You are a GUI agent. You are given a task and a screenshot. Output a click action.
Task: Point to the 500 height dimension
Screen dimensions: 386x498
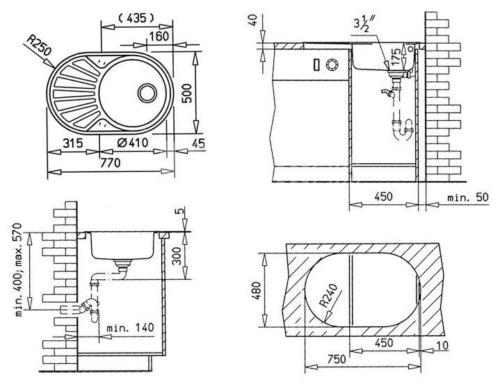tap(184, 90)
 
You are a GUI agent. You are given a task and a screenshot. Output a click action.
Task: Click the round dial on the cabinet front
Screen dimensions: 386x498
tap(331, 65)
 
